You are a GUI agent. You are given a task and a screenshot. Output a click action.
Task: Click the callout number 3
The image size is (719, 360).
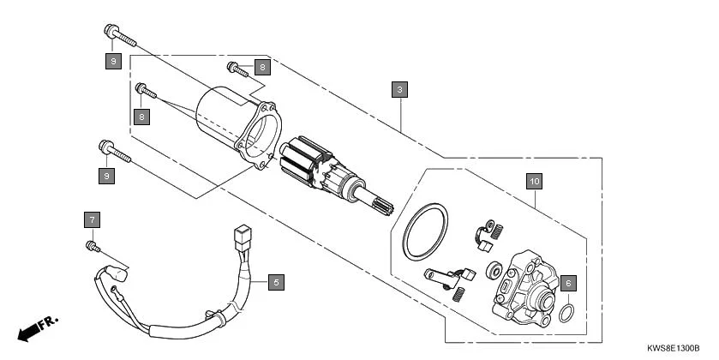(x=400, y=89)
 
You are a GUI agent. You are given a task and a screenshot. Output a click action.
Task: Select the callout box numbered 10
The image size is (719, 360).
(x=534, y=181)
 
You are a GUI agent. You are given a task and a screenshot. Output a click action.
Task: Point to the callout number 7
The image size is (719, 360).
(x=92, y=219)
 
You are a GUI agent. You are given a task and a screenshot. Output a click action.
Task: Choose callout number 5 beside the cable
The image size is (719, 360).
(x=275, y=280)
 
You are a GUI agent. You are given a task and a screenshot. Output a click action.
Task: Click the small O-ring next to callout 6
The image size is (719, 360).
(x=566, y=313)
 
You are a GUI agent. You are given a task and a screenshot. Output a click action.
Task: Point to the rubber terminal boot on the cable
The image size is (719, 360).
(x=118, y=278)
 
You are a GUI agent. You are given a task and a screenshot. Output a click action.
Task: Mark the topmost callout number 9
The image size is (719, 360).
(x=111, y=61)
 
